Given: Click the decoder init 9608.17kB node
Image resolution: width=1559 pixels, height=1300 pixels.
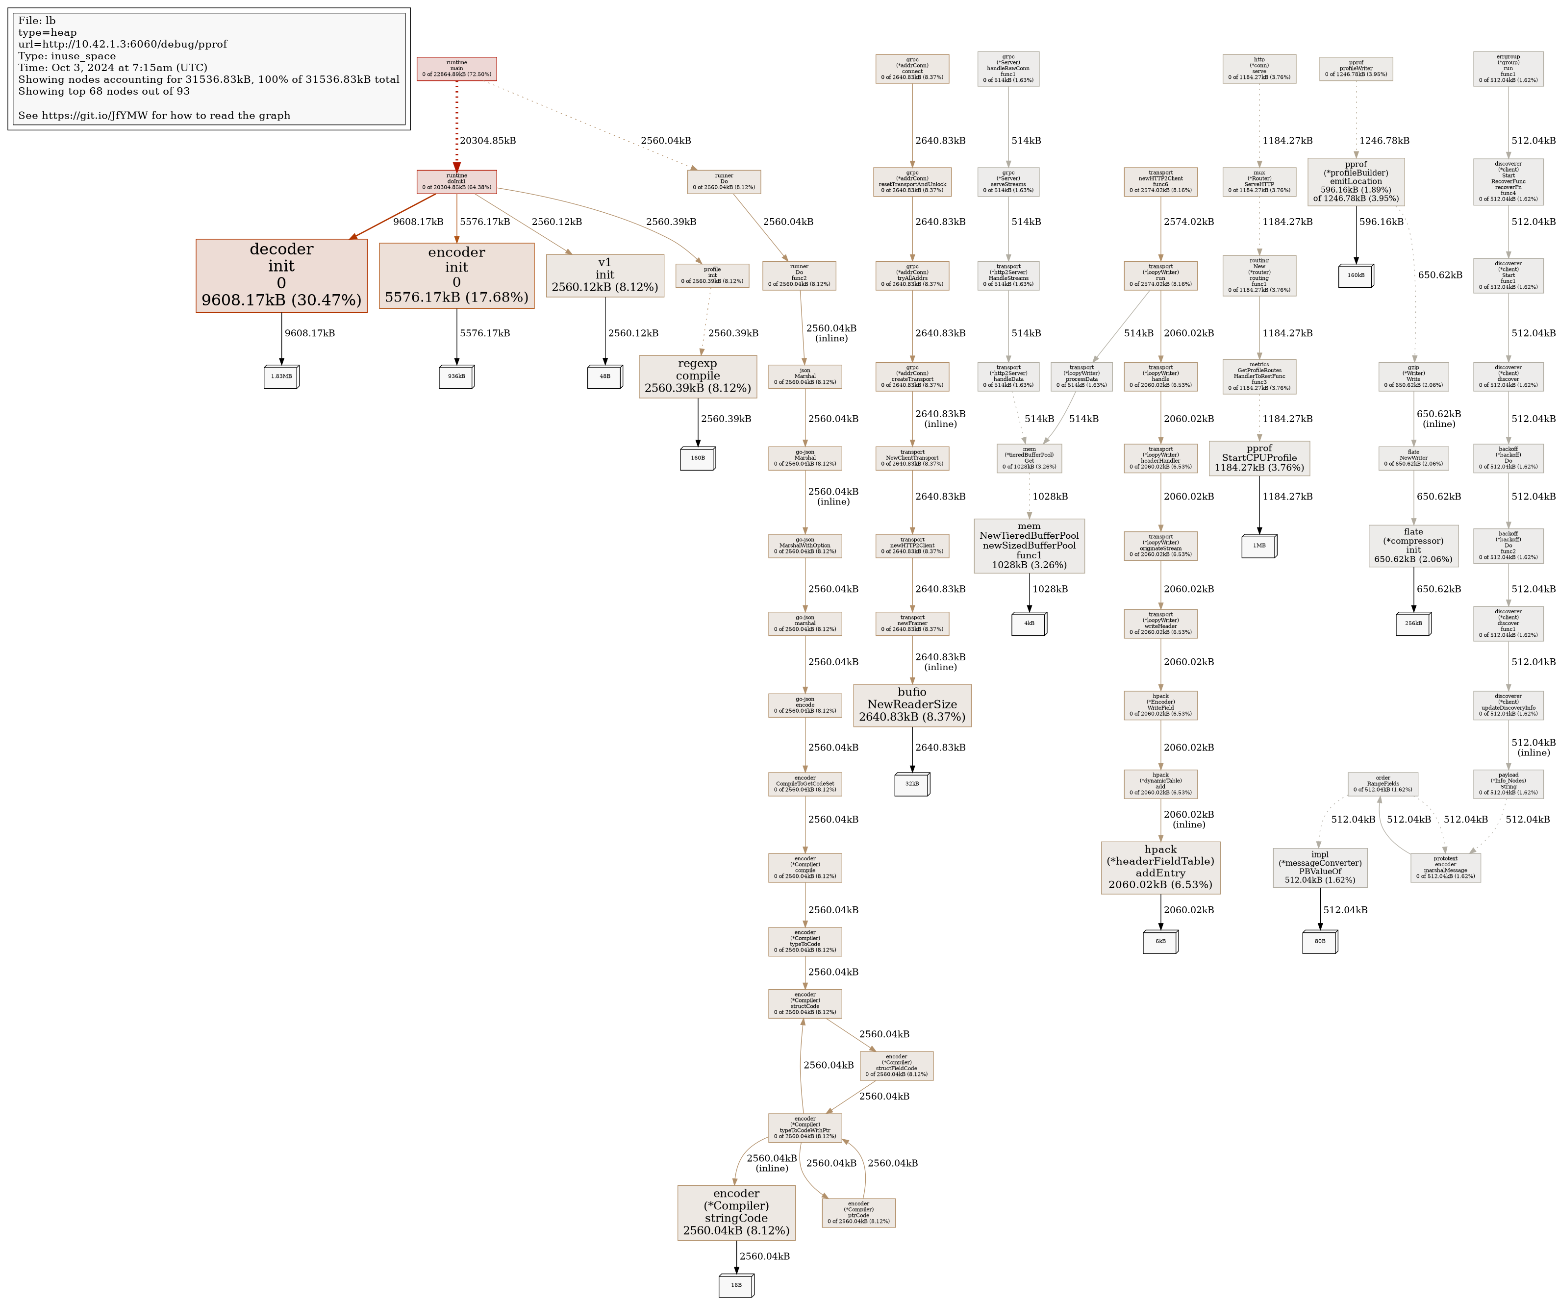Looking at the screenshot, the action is (281, 275).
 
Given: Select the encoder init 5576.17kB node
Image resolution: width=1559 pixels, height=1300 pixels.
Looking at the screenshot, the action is (456, 275).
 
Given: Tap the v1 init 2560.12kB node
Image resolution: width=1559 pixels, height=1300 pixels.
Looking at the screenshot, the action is (605, 275).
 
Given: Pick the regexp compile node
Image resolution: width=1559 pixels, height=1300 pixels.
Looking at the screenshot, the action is (698, 376).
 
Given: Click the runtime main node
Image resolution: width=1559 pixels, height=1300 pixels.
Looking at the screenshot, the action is (456, 69).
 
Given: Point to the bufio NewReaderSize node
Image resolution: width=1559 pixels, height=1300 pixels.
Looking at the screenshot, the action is (912, 705).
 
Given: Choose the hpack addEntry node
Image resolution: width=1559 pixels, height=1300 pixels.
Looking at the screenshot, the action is (1160, 867).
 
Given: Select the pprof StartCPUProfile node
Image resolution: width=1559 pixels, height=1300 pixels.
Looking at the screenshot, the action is (1259, 458).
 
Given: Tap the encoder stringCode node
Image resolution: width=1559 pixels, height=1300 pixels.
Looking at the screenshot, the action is (736, 1213).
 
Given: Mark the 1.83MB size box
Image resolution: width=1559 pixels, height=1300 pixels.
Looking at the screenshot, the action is (281, 376).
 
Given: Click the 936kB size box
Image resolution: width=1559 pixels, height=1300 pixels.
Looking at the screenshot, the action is (456, 376).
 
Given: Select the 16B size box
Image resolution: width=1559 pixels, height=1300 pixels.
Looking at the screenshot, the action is (736, 1285).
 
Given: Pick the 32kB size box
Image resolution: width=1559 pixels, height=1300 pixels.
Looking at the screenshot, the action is (912, 784).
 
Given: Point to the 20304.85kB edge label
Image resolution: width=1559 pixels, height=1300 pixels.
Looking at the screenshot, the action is (488, 140).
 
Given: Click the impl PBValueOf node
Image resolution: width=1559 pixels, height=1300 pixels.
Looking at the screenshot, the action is (1320, 867).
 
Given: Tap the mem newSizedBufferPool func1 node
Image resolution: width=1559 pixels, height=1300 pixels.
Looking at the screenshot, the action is (1029, 546).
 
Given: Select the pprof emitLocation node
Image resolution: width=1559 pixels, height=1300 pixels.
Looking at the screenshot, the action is (1356, 182).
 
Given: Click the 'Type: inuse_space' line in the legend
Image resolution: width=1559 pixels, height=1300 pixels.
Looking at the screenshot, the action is (67, 56).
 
